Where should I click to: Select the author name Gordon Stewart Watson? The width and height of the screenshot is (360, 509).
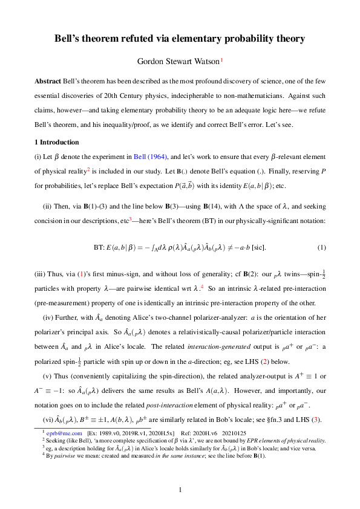pyautogui.click(x=177, y=60)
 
